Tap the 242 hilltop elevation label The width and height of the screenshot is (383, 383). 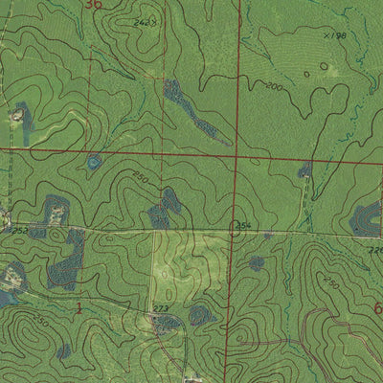144,21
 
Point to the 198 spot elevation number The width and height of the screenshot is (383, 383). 336,35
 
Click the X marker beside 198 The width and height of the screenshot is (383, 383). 326,34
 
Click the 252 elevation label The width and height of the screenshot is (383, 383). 18,231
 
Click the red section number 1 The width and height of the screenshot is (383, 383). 79,306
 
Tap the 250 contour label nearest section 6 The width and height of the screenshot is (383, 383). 330,283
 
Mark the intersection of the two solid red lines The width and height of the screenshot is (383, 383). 235,156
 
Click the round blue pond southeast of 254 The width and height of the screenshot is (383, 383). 257,262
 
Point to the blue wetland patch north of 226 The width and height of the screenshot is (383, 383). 365,219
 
